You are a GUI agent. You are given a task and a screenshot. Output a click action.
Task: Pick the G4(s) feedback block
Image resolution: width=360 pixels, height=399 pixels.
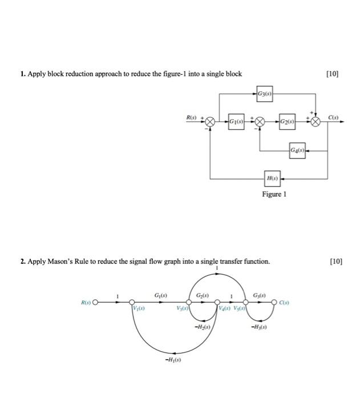(298, 150)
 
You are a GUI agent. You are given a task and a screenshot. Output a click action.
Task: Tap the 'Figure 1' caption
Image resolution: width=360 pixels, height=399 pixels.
(274, 194)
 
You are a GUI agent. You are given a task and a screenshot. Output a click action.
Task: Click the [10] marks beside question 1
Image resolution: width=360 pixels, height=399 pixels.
(332, 74)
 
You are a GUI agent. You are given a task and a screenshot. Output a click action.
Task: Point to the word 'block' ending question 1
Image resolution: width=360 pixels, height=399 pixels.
(232, 74)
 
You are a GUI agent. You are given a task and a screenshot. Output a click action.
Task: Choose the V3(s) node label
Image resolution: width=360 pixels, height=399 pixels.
(183, 308)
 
